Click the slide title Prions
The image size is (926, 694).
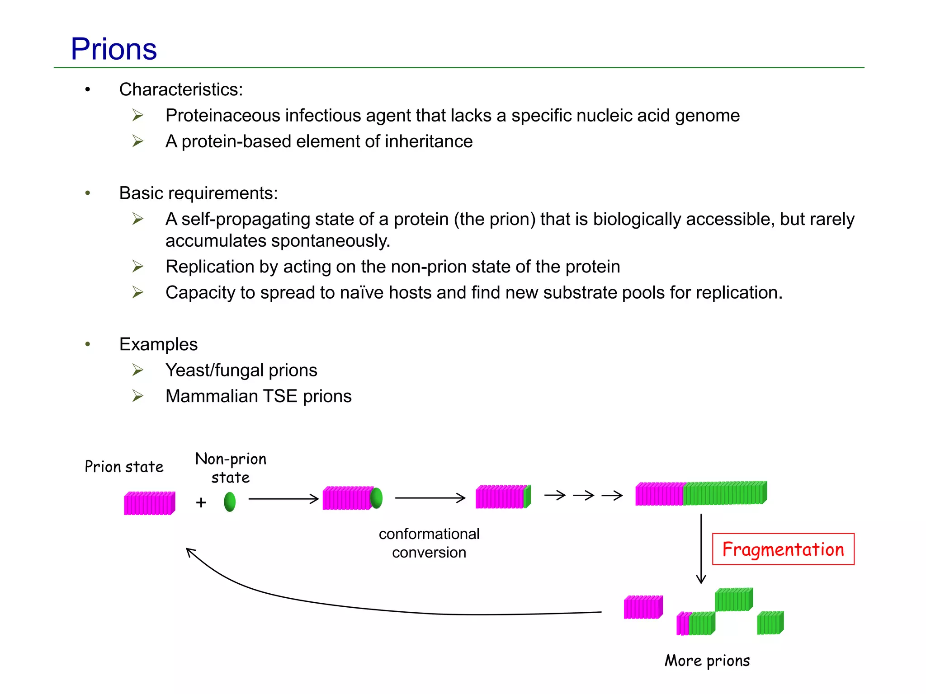click(114, 49)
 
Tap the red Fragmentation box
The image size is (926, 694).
click(783, 549)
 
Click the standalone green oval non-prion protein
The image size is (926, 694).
click(230, 502)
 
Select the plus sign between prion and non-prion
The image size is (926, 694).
click(201, 502)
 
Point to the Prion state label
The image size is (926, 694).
click(124, 467)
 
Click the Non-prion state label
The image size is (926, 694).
click(231, 468)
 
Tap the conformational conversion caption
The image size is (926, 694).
click(429, 543)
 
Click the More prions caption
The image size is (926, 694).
click(707, 661)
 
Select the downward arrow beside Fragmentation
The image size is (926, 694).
click(701, 549)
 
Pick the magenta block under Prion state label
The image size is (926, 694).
click(149, 503)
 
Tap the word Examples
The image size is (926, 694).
click(158, 344)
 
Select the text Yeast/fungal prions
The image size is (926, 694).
click(241, 370)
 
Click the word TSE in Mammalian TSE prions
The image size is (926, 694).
click(280, 396)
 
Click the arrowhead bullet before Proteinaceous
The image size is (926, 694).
click(138, 115)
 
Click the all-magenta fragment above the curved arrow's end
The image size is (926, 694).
click(643, 607)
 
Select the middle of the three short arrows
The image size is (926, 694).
click(583, 496)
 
